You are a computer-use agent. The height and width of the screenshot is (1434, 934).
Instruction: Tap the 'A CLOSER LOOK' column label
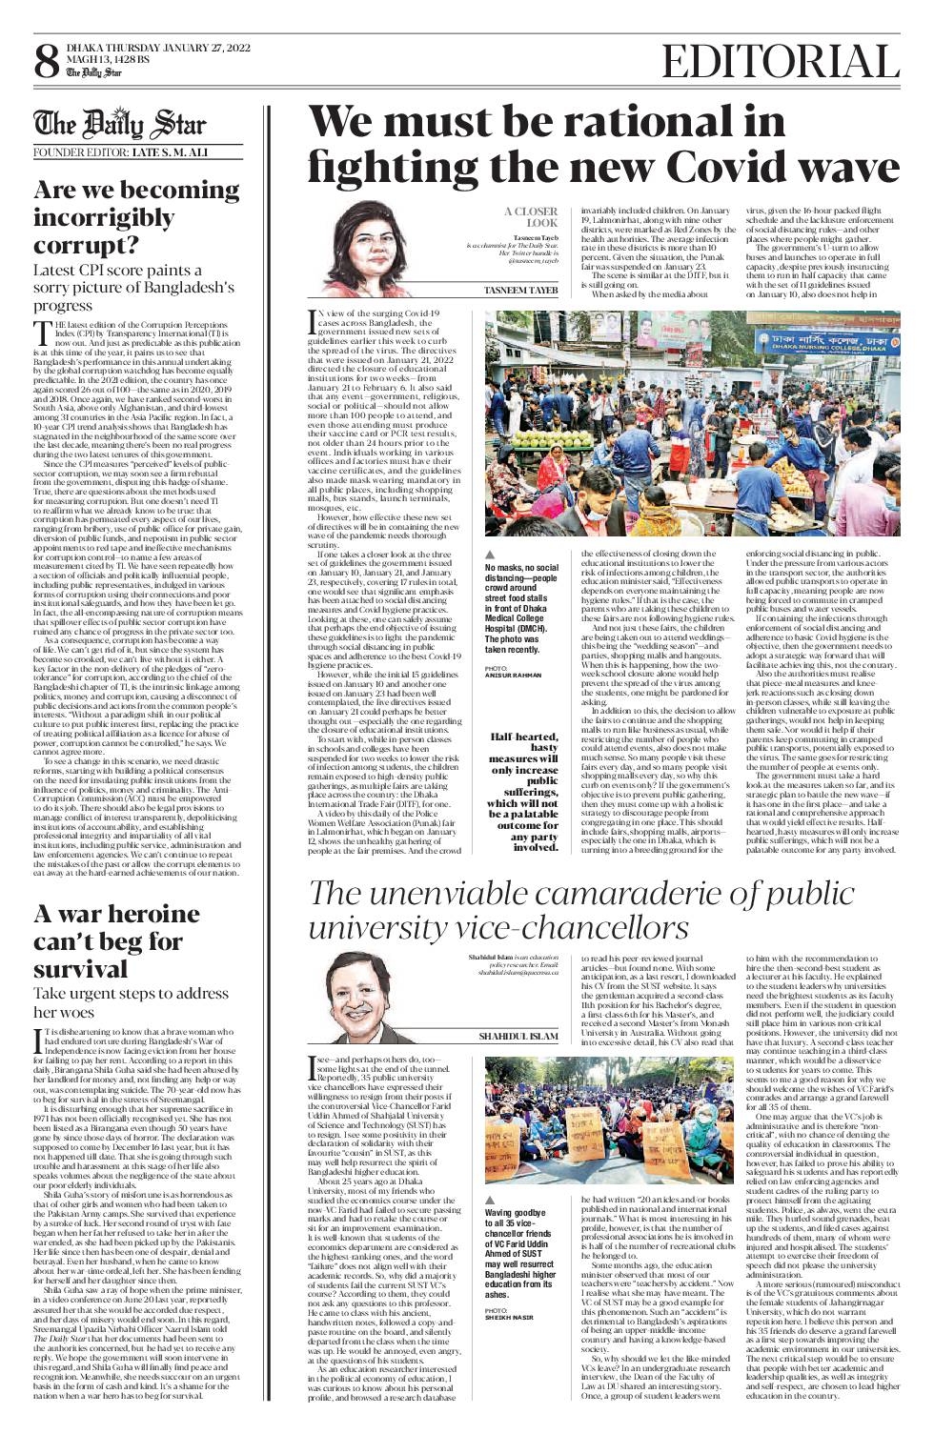point(531,216)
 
